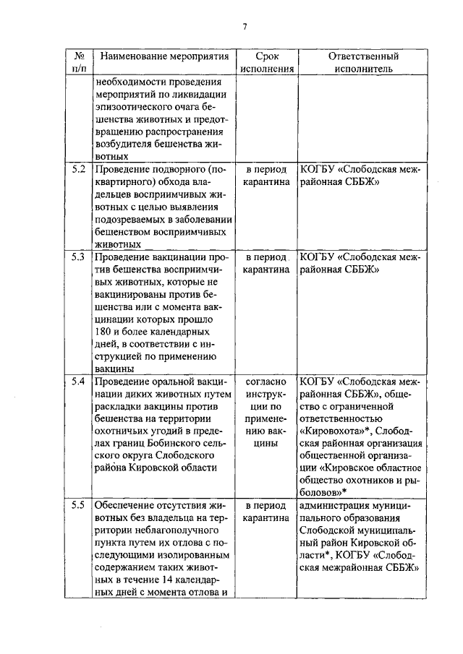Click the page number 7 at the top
(245, 27)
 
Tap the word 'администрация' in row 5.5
(337, 505)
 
